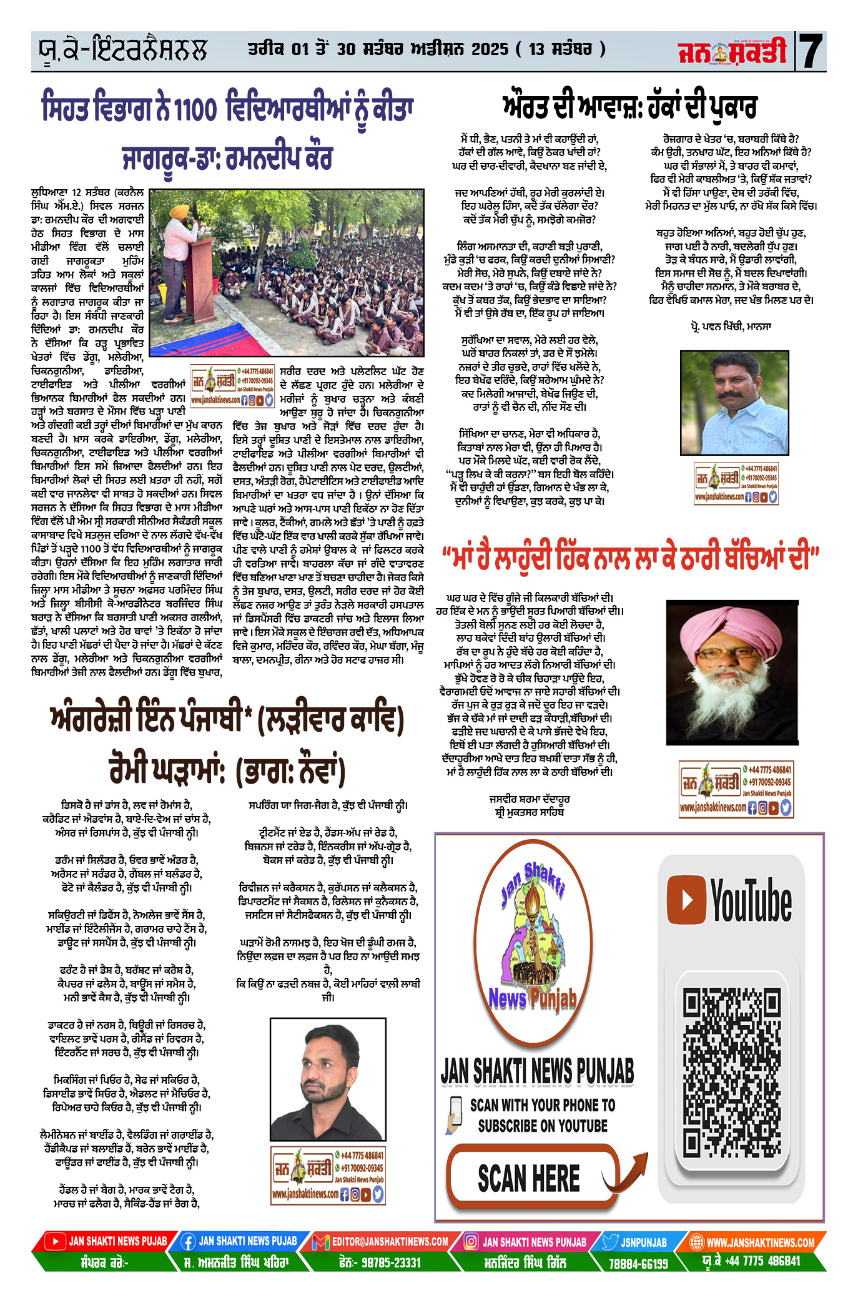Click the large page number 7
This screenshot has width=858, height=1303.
(811, 51)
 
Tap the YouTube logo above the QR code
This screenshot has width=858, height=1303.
(729, 900)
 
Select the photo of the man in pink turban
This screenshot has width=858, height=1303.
(732, 672)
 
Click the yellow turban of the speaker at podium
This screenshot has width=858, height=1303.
(180, 211)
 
